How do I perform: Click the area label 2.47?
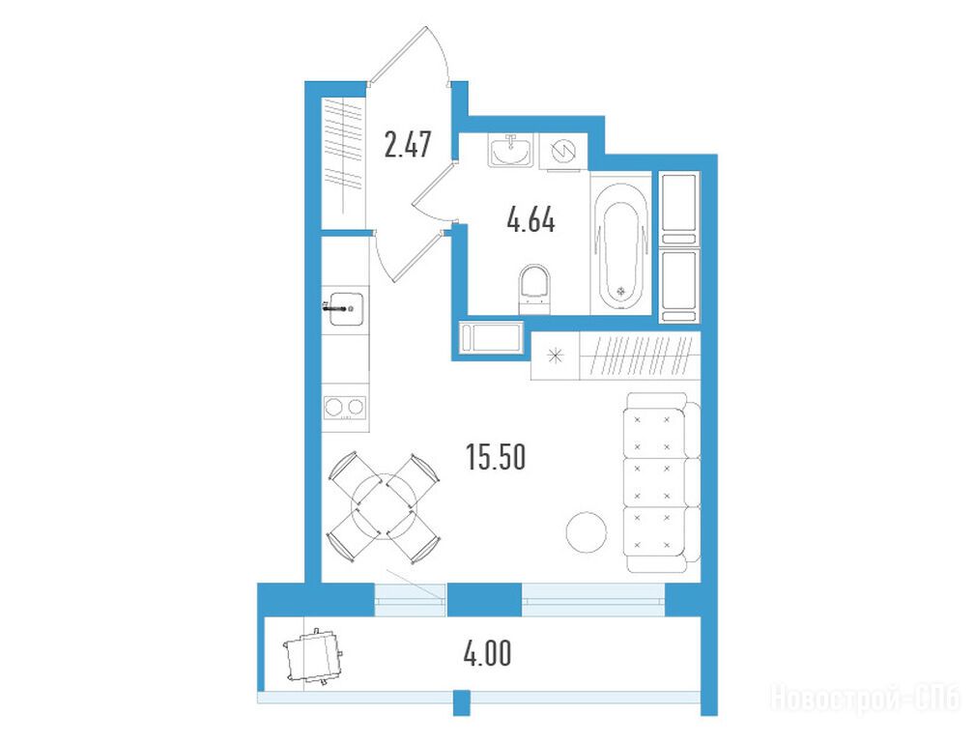tap(407, 144)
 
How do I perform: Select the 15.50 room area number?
tap(496, 457)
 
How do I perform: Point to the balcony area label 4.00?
tap(488, 654)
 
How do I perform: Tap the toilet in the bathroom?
tap(534, 289)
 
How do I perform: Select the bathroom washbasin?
tap(510, 150)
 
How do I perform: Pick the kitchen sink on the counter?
tap(346, 308)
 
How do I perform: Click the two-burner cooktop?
tap(345, 408)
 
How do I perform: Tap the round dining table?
tap(384, 505)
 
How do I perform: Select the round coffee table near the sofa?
tap(587, 531)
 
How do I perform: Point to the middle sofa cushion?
tap(654, 482)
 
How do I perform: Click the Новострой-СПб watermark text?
tap(866, 698)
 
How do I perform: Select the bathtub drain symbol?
tap(620, 291)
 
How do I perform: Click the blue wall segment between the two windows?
tap(484, 600)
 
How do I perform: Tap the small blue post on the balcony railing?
tap(461, 702)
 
